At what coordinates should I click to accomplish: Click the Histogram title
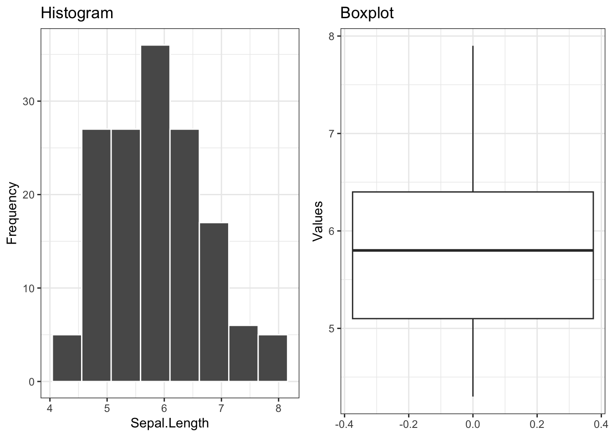[77, 13]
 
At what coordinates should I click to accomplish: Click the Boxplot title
[367, 13]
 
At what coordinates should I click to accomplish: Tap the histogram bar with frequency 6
[243, 353]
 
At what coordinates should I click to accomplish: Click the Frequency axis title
[12, 213]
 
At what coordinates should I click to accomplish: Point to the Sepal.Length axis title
[169, 423]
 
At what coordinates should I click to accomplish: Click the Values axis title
[317, 221]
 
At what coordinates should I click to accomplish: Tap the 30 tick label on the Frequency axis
[28, 102]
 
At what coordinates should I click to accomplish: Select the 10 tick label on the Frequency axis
[28, 288]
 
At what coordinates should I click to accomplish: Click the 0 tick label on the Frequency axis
[31, 381]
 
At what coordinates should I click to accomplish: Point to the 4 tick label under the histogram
[50, 408]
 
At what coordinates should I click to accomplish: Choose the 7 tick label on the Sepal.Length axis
[221, 408]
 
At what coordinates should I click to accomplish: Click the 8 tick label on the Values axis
[331, 36]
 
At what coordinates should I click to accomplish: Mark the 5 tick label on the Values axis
[331, 329]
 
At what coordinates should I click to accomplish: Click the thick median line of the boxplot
[473, 250]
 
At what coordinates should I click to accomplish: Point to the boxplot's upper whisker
[473, 118]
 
